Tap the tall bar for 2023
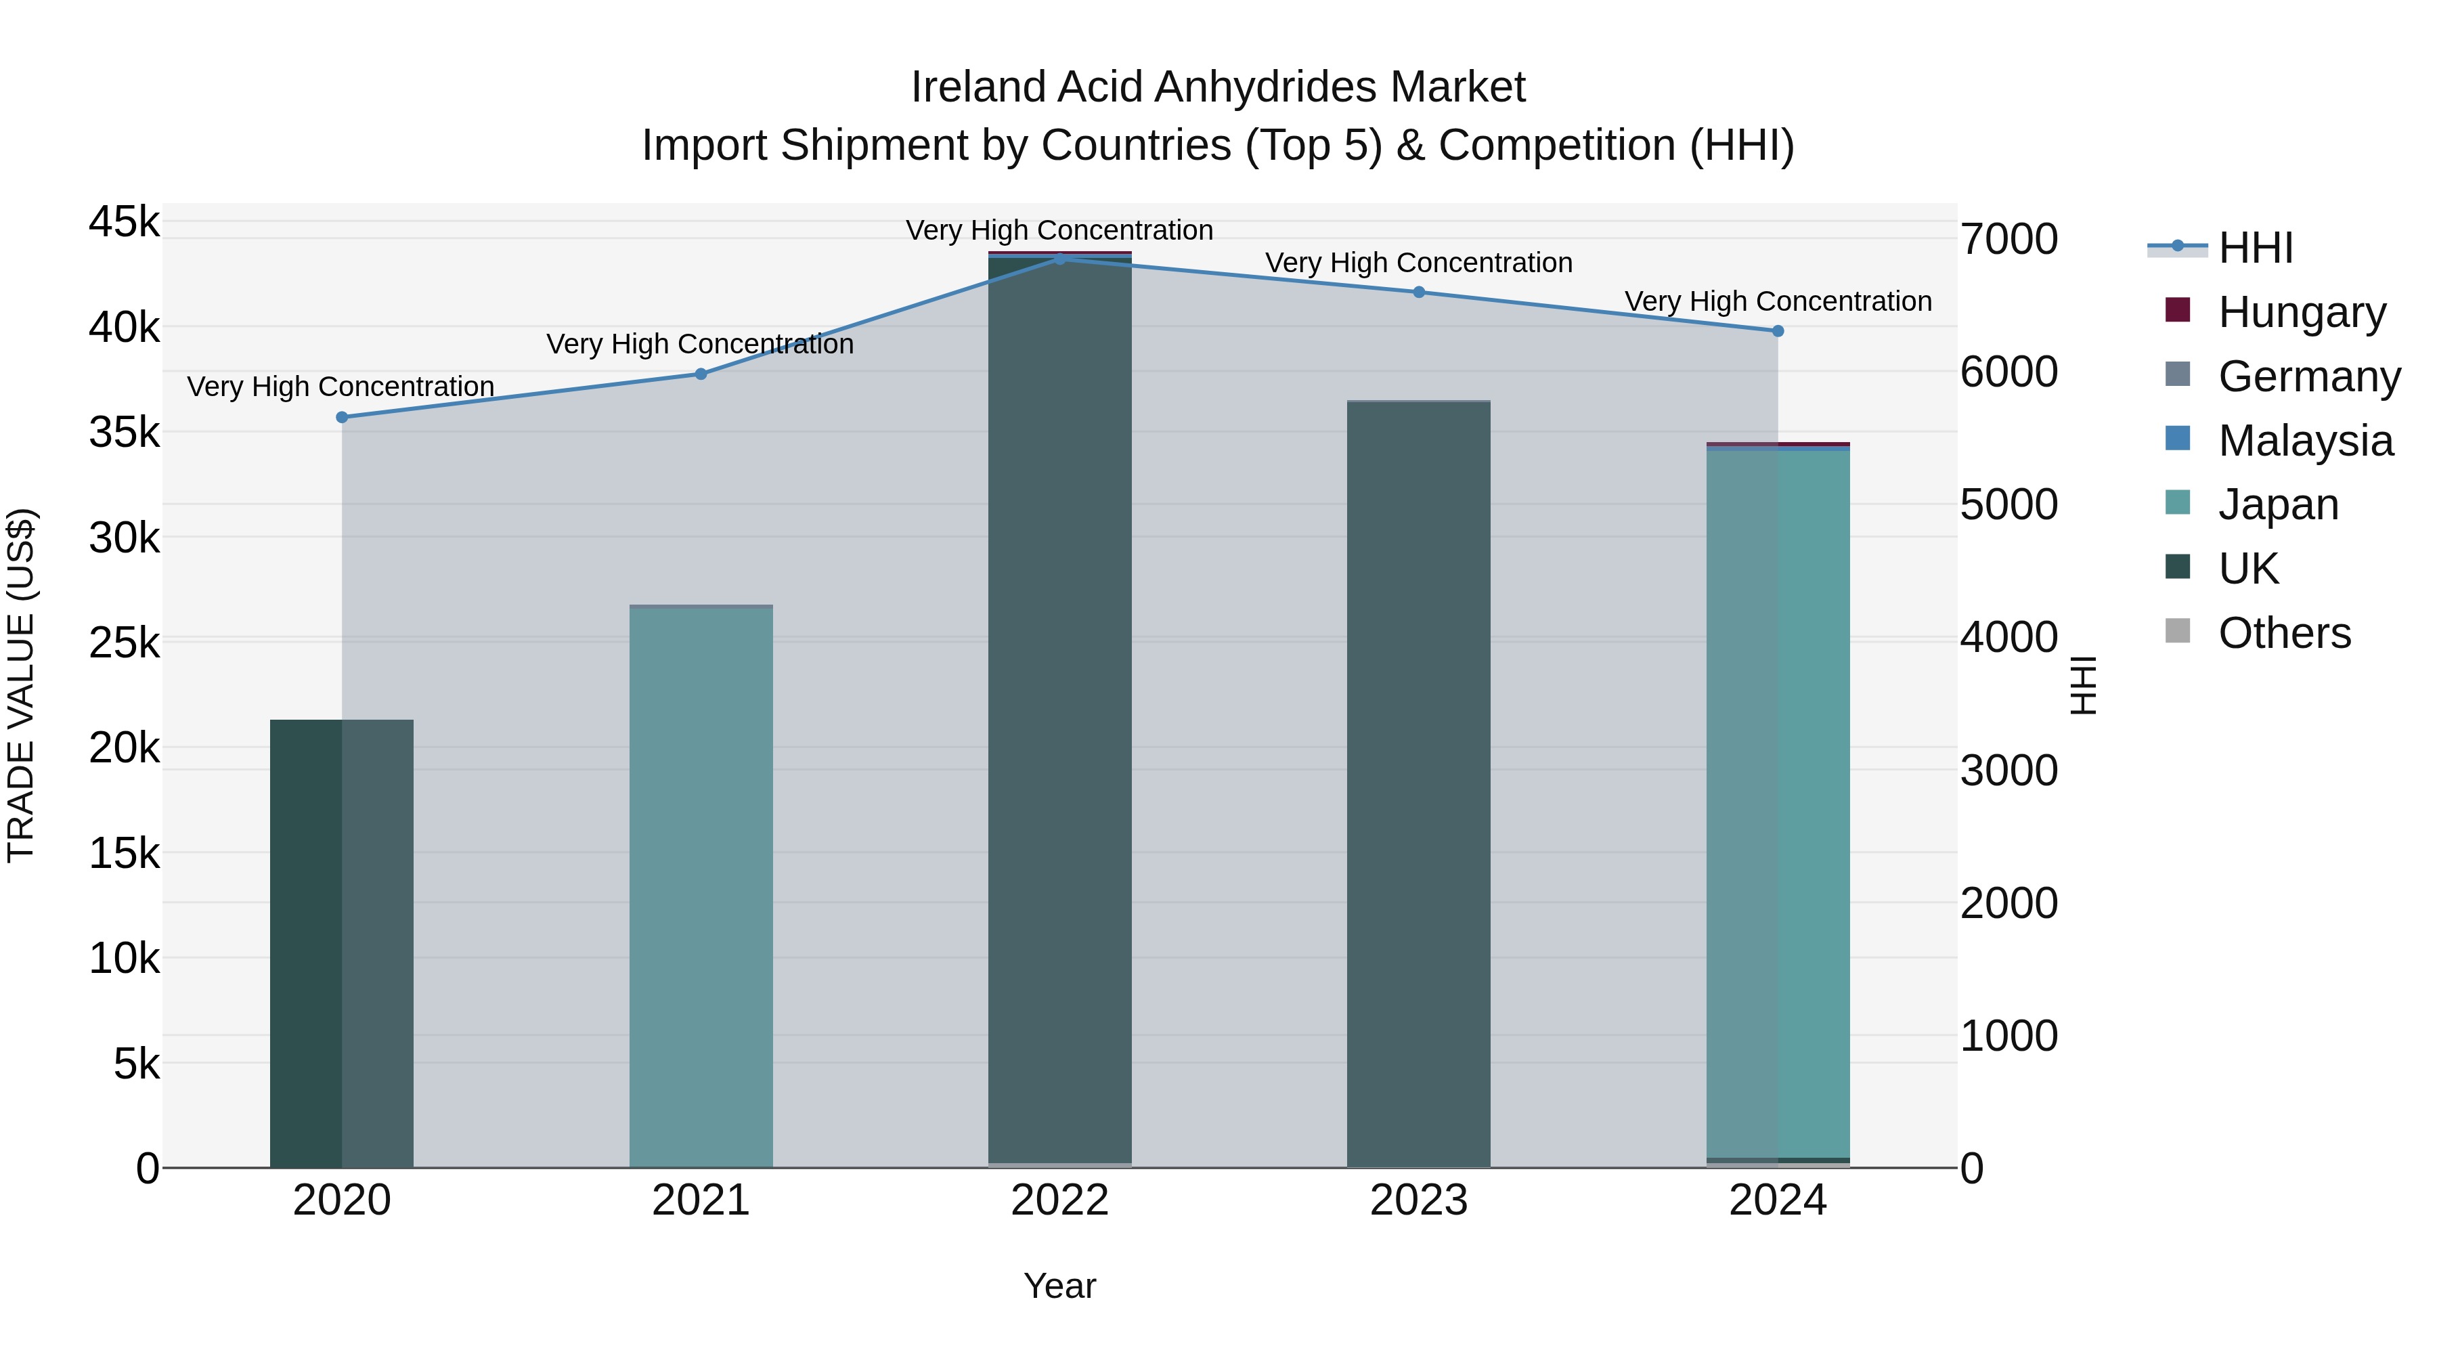pyautogui.click(x=1418, y=785)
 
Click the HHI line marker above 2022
pyautogui.click(x=1059, y=259)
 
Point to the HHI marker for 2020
pyautogui.click(x=343, y=417)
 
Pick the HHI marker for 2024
pyautogui.click(x=1778, y=331)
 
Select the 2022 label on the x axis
pyautogui.click(x=1059, y=1200)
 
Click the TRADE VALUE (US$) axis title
pyautogui.click(x=22, y=685)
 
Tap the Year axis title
pyautogui.click(x=1059, y=1286)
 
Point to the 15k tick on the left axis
pyautogui.click(x=124, y=854)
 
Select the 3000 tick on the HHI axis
pyautogui.click(x=2008, y=770)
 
